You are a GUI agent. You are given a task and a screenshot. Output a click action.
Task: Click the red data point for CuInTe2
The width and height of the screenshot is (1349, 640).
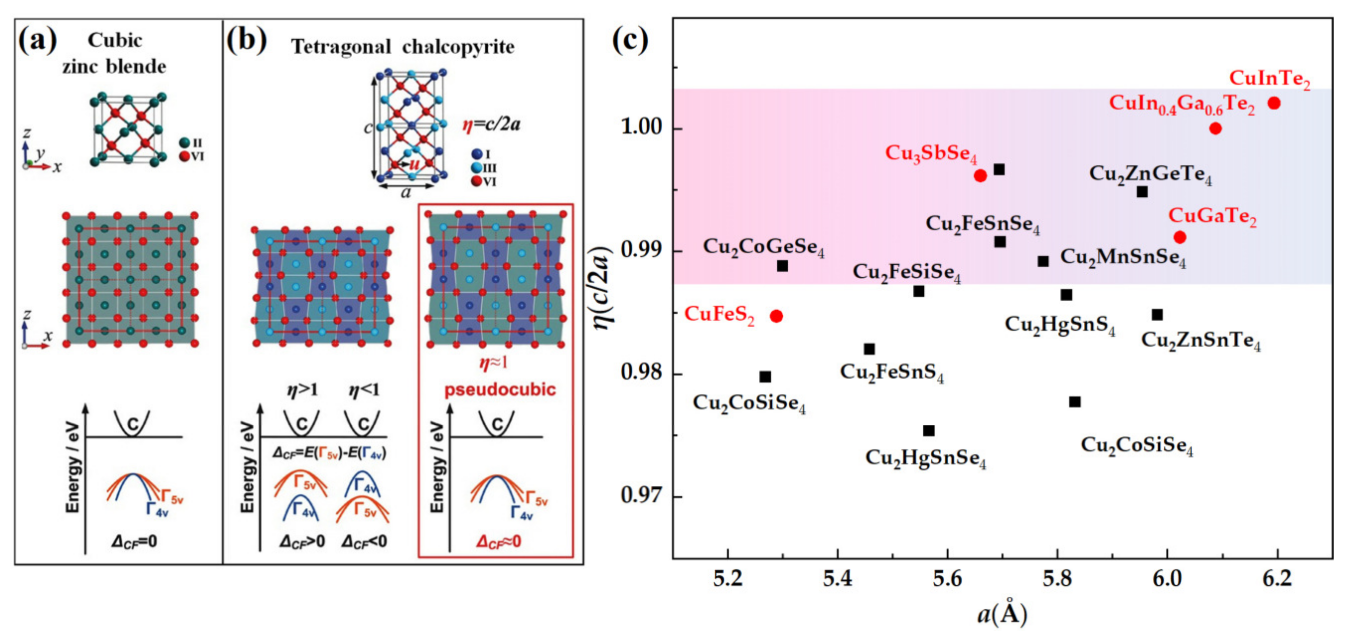click(x=1274, y=103)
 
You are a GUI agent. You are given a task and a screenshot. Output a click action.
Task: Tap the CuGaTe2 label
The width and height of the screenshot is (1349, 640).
click(x=1212, y=216)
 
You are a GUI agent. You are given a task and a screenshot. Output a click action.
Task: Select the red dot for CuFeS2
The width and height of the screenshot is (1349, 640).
click(x=776, y=316)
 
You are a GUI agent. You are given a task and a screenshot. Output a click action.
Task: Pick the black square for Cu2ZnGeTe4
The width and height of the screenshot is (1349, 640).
click(x=1141, y=192)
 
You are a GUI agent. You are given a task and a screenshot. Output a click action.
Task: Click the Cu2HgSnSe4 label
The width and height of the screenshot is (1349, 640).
click(x=925, y=458)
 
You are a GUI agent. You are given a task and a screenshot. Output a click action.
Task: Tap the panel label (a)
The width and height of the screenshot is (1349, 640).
click(x=37, y=40)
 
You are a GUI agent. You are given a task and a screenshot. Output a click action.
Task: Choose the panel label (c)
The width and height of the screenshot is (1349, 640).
click(x=630, y=40)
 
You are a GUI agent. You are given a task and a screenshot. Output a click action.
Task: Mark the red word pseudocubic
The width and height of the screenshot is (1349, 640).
click(x=500, y=390)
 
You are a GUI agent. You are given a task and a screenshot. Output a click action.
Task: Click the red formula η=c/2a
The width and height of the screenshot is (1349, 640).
click(x=491, y=125)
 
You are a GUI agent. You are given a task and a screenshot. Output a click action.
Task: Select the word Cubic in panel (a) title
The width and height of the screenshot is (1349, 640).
click(x=114, y=40)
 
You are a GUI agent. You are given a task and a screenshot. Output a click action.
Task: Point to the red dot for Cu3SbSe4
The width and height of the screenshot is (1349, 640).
click(x=980, y=176)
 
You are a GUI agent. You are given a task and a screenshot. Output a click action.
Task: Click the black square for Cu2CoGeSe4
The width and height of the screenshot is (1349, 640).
click(x=782, y=266)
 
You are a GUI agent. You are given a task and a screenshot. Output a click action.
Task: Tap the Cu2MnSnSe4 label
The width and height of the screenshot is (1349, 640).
click(x=1123, y=258)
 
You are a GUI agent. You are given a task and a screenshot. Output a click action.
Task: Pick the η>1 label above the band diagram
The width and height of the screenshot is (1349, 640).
click(x=302, y=390)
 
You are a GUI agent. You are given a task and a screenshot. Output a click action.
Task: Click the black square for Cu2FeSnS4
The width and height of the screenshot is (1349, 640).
click(x=869, y=349)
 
